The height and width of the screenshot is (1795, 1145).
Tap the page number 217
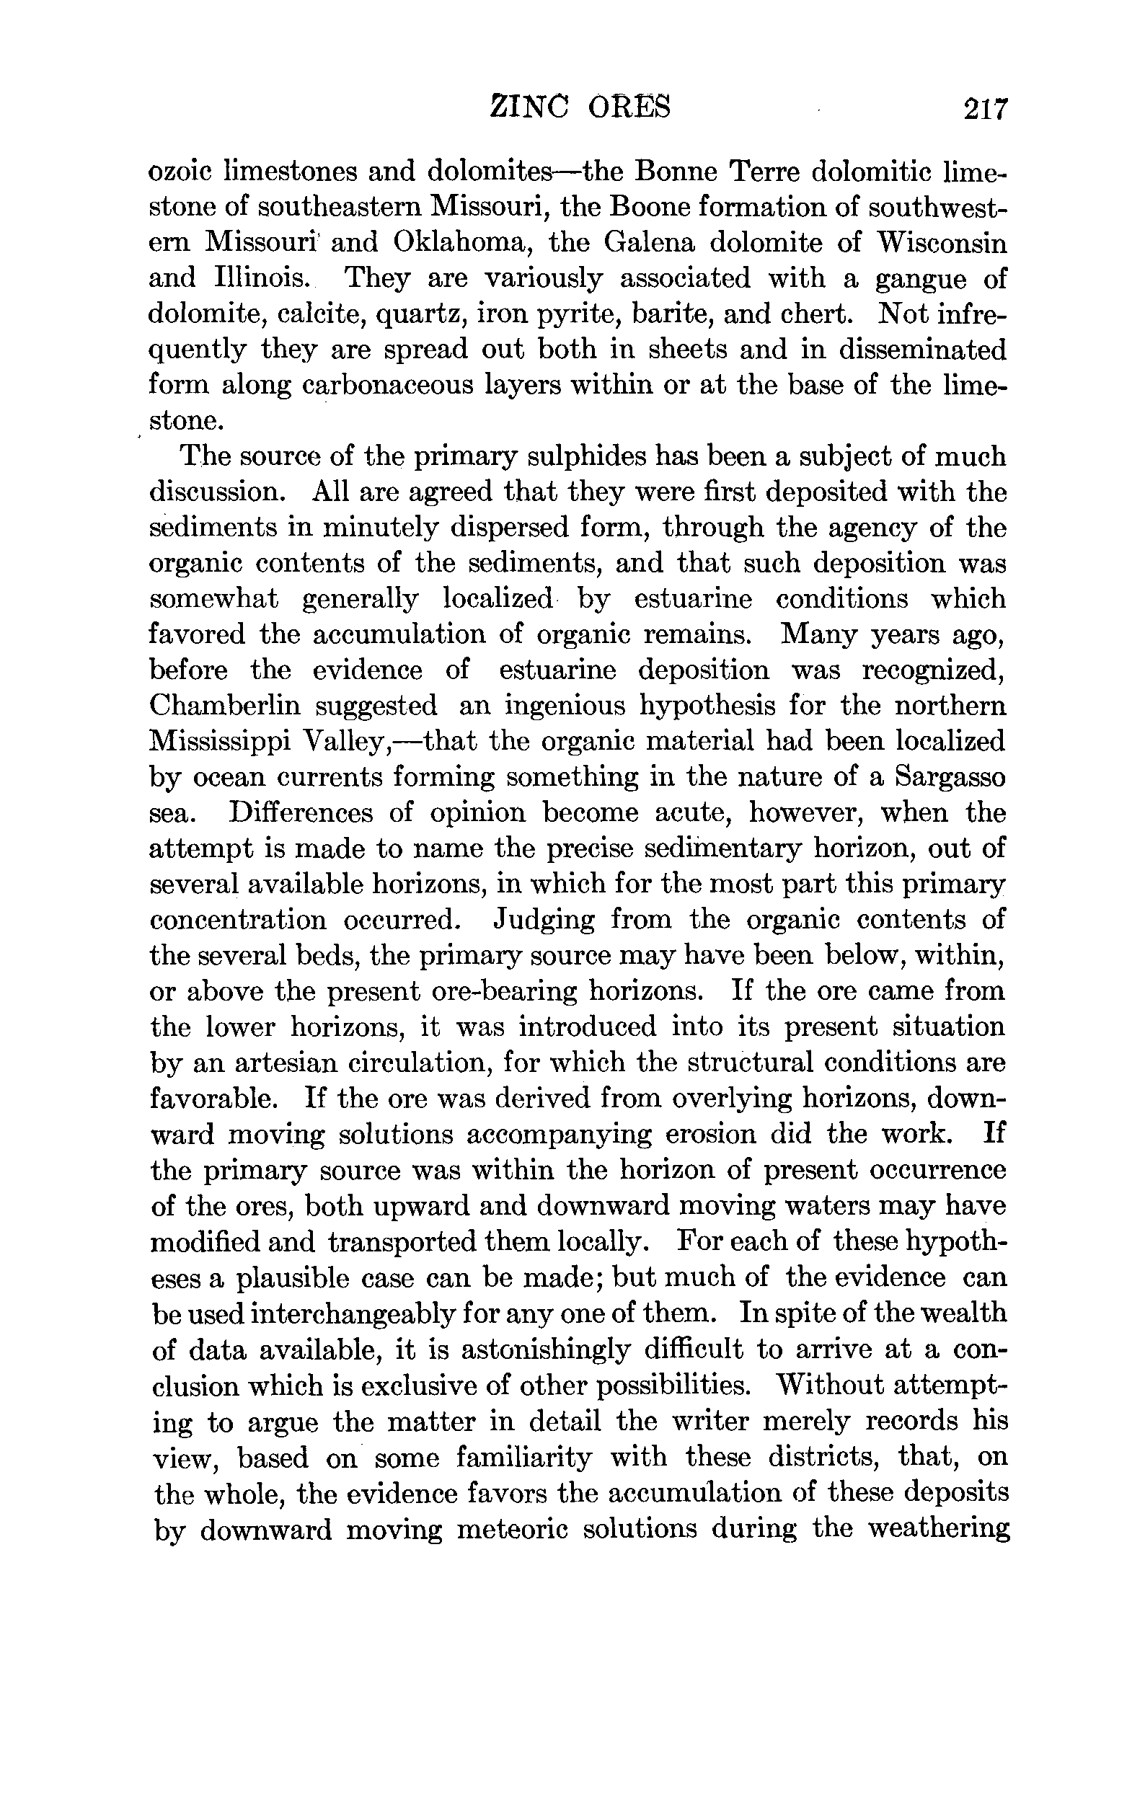pos(985,110)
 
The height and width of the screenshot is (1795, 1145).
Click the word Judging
pos(544,921)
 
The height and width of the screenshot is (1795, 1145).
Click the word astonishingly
pos(552,1350)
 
